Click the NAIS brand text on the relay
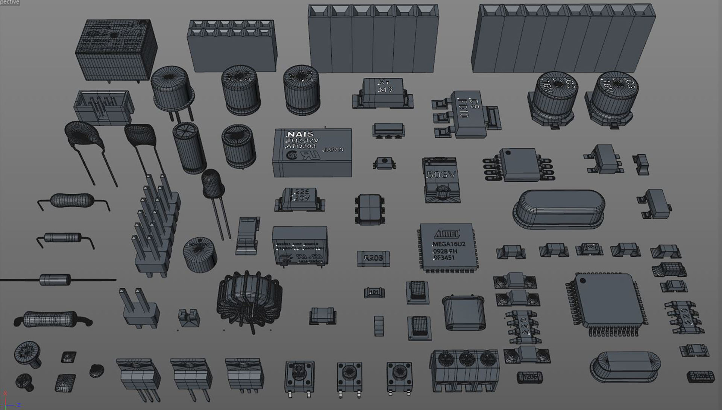[300, 135]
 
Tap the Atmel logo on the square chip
[447, 234]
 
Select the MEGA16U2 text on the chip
[449, 244]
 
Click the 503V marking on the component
[441, 175]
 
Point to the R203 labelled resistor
[373, 258]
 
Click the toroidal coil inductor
[249, 301]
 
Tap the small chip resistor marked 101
[374, 292]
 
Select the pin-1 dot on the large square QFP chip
[582, 281]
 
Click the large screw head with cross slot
[27, 353]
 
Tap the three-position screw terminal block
[466, 369]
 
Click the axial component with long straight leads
[55, 279]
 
